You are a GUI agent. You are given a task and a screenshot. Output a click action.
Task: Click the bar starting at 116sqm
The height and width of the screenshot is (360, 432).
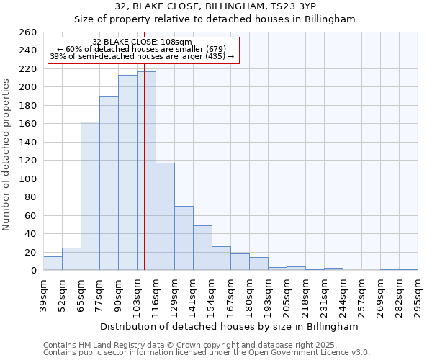(x=165, y=216)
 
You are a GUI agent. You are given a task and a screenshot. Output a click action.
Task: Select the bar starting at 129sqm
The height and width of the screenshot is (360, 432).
(x=184, y=238)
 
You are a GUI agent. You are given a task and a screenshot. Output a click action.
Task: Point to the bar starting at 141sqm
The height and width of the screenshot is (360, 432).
(x=202, y=248)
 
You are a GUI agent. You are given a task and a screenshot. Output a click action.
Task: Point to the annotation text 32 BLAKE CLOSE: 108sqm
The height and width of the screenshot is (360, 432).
(x=143, y=42)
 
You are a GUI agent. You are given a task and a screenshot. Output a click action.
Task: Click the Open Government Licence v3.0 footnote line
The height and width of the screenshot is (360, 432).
(x=207, y=352)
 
